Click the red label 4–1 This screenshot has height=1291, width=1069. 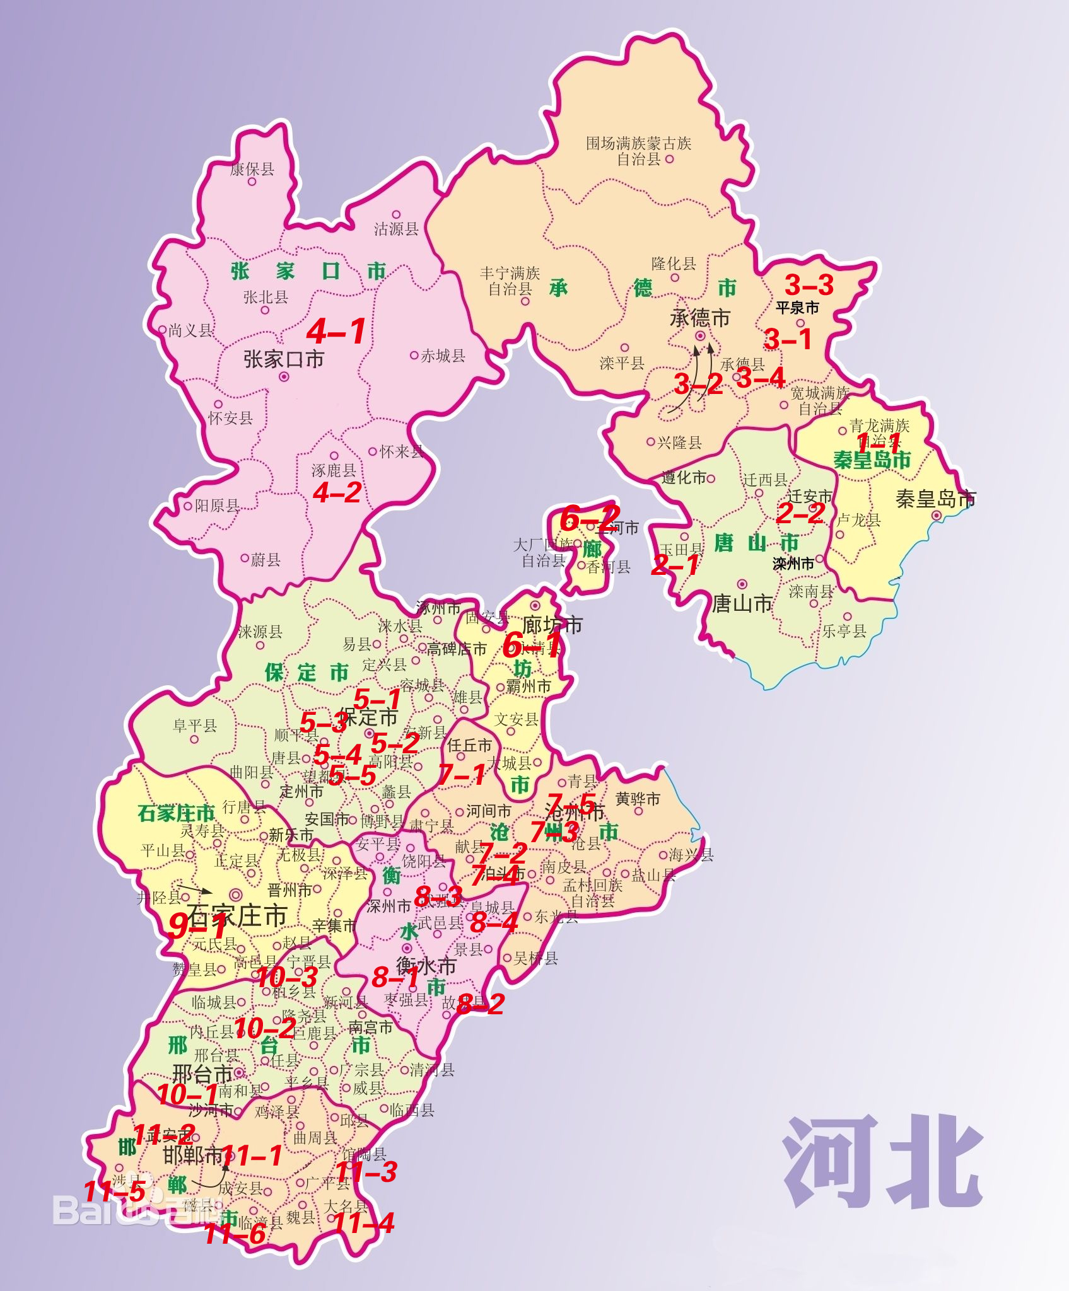coord(336,331)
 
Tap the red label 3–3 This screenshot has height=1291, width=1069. coord(809,285)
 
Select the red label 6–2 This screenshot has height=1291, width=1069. coord(590,518)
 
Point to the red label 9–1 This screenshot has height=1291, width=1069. coord(197,926)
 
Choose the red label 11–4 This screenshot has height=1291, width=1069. coord(363,1224)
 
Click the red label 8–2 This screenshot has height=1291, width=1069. coord(481,1005)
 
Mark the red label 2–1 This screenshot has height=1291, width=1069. coord(675,565)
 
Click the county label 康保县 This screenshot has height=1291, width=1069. coord(252,169)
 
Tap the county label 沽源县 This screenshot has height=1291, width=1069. coord(396,229)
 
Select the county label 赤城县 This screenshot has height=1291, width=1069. coord(443,356)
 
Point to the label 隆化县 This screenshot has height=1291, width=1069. coord(674,263)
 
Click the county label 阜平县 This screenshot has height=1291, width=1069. coord(195,726)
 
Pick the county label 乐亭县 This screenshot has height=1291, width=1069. coord(844,630)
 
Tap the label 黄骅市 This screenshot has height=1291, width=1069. coord(638,799)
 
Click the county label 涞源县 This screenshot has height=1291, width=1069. coord(260,632)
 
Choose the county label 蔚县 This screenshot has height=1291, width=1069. coord(266,560)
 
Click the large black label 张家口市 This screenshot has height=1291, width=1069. coord(284,359)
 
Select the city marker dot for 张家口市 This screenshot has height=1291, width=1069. coord(284,377)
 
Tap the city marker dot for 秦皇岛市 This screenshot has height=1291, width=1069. coord(937,515)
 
